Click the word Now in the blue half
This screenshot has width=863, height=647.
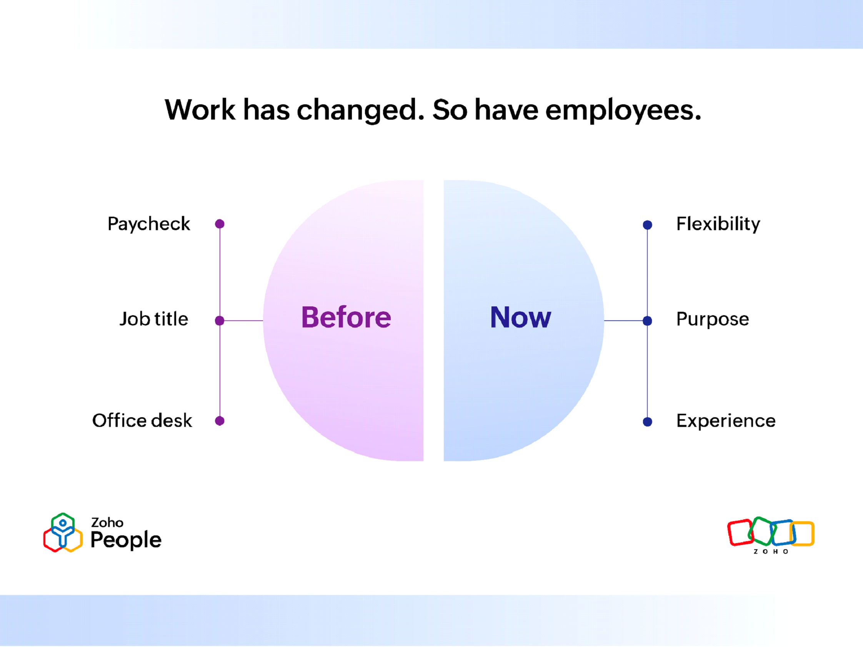point(520,317)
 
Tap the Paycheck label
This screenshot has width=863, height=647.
point(149,224)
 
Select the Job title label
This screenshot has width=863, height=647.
point(154,319)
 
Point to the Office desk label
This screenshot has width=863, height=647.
point(142,421)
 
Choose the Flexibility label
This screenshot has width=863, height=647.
point(718,224)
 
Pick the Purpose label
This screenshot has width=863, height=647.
point(713,319)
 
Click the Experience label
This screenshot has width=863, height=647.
point(726,421)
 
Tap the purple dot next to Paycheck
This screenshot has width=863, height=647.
point(220,224)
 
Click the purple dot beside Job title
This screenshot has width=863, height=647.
point(220,321)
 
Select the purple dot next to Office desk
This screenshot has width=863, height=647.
point(220,421)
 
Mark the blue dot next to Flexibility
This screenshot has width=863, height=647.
point(647,225)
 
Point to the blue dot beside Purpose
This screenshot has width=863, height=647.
point(647,321)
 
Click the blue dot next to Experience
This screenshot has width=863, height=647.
point(647,422)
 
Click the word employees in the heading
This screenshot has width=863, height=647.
point(623,111)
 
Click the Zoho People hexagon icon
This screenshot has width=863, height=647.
point(63,532)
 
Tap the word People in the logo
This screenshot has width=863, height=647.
point(126,540)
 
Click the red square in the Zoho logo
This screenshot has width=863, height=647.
point(740,532)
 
